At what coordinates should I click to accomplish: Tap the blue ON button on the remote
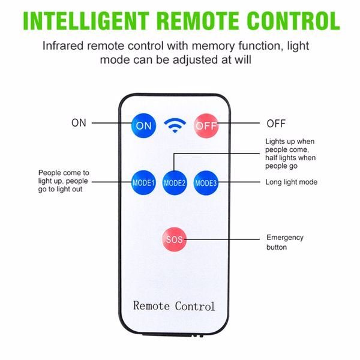(x=144, y=125)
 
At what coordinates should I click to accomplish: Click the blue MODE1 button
(x=143, y=183)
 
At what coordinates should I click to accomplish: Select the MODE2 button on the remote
(x=175, y=183)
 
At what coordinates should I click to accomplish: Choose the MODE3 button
(x=206, y=183)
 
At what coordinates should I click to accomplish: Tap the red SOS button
(x=174, y=239)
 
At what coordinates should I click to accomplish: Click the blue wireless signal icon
(x=175, y=125)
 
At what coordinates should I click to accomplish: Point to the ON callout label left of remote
(x=79, y=123)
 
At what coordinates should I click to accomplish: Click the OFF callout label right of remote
(x=276, y=124)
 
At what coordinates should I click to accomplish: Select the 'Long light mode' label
(x=292, y=182)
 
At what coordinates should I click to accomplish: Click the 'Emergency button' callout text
(x=285, y=242)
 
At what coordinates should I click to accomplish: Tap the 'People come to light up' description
(x=64, y=181)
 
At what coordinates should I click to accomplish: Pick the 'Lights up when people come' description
(x=290, y=154)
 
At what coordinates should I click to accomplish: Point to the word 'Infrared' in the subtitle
(x=62, y=46)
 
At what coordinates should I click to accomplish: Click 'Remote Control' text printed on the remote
(x=174, y=306)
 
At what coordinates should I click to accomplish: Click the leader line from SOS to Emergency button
(x=222, y=239)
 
